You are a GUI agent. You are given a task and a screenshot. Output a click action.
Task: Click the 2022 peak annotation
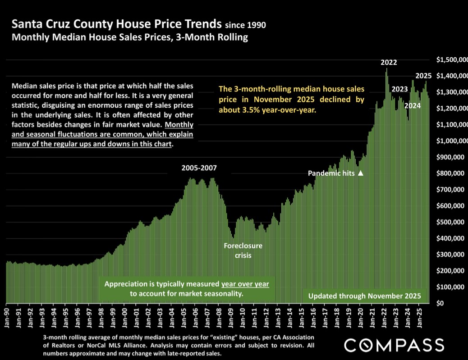click(x=389, y=63)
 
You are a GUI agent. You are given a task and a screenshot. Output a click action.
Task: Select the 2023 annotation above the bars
click(x=399, y=89)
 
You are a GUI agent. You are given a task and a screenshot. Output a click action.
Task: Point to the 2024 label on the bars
click(x=413, y=106)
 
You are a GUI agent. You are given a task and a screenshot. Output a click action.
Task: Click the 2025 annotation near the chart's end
click(x=423, y=76)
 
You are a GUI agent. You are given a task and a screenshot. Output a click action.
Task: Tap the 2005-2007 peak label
click(x=199, y=169)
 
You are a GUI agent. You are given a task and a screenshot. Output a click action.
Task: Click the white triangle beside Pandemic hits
click(x=360, y=173)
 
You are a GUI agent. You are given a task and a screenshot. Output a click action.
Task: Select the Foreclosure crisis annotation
click(x=243, y=251)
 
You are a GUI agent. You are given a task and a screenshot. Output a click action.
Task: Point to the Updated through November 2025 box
click(x=364, y=296)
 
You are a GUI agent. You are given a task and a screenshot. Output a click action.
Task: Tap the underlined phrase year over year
click(x=245, y=284)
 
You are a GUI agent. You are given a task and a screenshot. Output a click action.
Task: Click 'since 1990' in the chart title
click(x=245, y=25)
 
